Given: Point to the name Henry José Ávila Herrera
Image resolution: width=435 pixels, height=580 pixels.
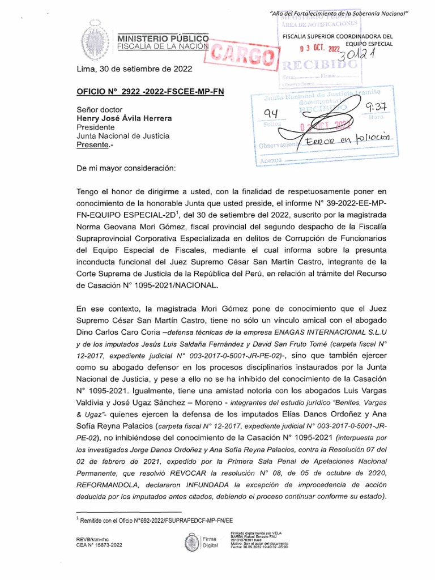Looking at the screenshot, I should click(124, 118).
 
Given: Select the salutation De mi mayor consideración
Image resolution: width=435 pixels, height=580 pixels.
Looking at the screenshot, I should click(126, 168).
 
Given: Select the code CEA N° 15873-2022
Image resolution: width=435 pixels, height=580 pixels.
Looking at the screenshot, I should click(100, 545).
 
